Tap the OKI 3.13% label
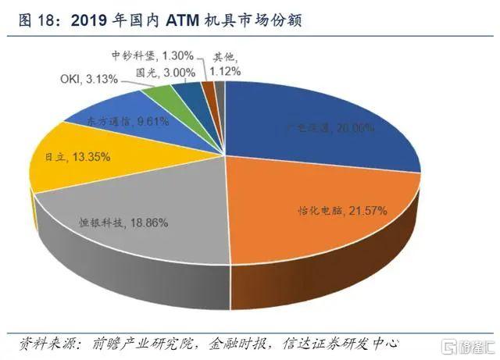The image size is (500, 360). (89, 79)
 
